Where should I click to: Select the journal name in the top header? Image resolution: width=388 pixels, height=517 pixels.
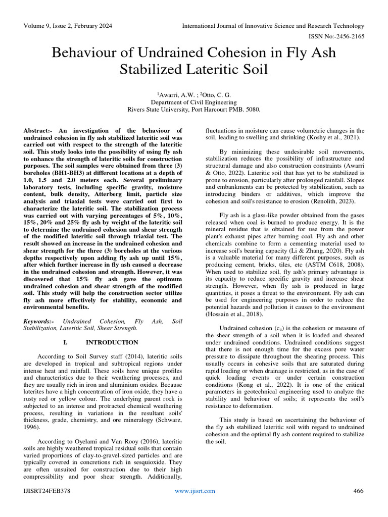tap(273, 26)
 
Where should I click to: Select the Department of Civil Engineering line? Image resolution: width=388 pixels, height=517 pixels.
tap(194, 101)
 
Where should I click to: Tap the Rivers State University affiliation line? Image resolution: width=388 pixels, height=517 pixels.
tap(194, 109)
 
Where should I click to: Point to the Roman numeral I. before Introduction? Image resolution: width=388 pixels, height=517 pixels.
tap(65, 342)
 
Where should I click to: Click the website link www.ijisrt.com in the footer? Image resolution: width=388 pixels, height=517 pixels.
tap(195, 491)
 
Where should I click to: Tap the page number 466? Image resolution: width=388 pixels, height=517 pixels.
tap(358, 491)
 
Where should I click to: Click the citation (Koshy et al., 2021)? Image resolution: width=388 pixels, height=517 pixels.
tap(333, 138)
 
